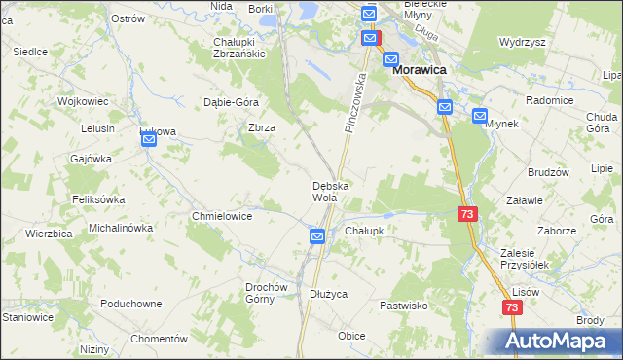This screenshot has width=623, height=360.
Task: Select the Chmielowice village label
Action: pyautogui.click(x=223, y=216)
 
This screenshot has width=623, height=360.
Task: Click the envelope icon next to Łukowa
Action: pyautogui.click(x=149, y=140)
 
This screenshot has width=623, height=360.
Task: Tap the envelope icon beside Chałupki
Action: pyautogui.click(x=317, y=235)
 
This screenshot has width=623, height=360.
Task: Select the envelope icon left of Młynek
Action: pyautogui.click(x=480, y=116)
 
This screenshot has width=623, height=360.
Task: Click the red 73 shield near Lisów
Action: pyautogui.click(x=513, y=306)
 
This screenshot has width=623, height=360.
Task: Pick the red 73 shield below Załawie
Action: pyautogui.click(x=467, y=213)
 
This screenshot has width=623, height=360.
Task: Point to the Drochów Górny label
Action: pyautogui.click(x=267, y=293)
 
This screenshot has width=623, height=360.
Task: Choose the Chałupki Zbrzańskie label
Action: pyautogui.click(x=239, y=48)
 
